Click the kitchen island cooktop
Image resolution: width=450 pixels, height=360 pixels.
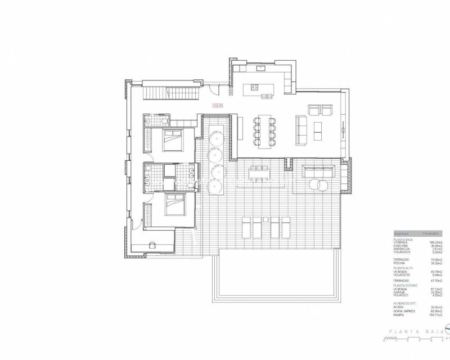click(254, 87)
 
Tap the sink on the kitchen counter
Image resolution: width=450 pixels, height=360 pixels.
click(260, 69)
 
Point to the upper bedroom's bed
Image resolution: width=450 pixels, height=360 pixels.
click(172, 140)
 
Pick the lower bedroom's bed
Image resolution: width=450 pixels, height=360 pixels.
click(173, 206)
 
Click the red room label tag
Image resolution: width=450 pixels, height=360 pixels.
click(218, 105)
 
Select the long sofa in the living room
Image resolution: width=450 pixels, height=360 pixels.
click(300, 128)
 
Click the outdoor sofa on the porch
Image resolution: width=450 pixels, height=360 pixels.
click(319, 171)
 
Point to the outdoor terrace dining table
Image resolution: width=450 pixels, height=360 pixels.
click(259, 174)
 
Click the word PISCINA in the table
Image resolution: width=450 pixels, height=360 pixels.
click(399, 263)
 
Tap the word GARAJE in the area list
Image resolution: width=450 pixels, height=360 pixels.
click(399, 292)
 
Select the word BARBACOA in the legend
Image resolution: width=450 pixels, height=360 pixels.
click(402, 249)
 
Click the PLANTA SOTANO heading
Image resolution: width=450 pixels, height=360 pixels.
click(404, 285)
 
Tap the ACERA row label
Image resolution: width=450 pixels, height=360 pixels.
click(398, 307)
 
